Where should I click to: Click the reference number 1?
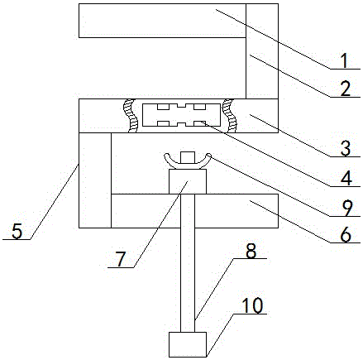pyautogui.click(x=344, y=60)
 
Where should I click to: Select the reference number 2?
pyautogui.click(x=346, y=89)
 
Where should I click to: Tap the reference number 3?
pyautogui.click(x=346, y=148)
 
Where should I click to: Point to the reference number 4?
pyautogui.click(x=346, y=178)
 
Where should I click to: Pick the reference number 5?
pyautogui.click(x=17, y=231)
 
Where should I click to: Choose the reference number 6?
pyautogui.click(x=346, y=235)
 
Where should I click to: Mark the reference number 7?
pyautogui.click(x=121, y=260)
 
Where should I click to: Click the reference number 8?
pyautogui.click(x=251, y=252)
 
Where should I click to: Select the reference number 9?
pyautogui.click(x=346, y=209)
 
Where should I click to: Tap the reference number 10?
pyautogui.click(x=252, y=306)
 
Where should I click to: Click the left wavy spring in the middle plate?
pyautogui.click(x=131, y=116)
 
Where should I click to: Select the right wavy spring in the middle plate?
pyautogui.click(x=230, y=116)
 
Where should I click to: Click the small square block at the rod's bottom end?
pyautogui.click(x=188, y=344)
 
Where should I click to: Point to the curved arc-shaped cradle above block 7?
pyautogui.click(x=188, y=166)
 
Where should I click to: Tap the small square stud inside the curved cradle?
pyautogui.click(x=188, y=158)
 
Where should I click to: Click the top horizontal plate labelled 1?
pyautogui.click(x=162, y=21)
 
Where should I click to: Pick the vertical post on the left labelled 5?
pyautogui.click(x=95, y=180)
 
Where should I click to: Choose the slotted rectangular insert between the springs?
pyautogui.click(x=182, y=115)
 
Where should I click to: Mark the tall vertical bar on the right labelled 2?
pyautogui.click(x=262, y=51)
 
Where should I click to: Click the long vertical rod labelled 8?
pyautogui.click(x=188, y=263)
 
